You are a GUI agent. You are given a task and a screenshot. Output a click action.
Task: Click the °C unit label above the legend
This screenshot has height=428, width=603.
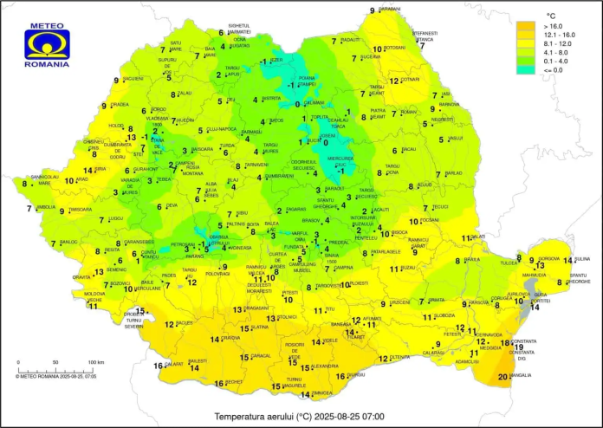550,16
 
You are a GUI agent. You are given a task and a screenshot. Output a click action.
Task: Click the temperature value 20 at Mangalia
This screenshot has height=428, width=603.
504,376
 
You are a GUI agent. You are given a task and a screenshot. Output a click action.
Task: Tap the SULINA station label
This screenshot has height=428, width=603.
581,258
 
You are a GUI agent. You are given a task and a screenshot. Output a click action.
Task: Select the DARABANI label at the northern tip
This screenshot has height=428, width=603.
390,9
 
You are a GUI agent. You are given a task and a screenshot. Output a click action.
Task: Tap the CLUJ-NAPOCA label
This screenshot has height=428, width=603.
222,128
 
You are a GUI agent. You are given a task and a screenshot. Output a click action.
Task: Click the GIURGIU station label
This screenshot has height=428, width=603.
355,374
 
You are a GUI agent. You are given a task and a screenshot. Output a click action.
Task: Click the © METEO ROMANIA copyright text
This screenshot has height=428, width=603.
55,377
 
